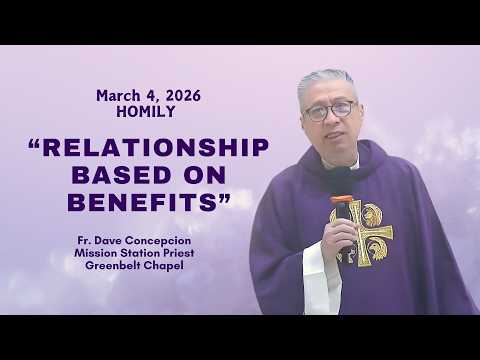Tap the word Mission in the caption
[108, 254]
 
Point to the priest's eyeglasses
[330, 111]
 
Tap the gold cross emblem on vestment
[362, 228]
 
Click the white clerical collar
[346, 164]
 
